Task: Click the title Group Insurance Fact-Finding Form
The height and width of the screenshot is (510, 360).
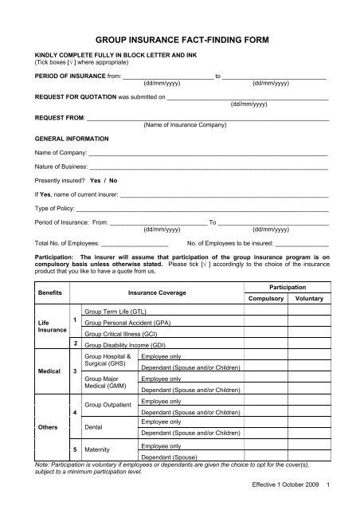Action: click(180, 37)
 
